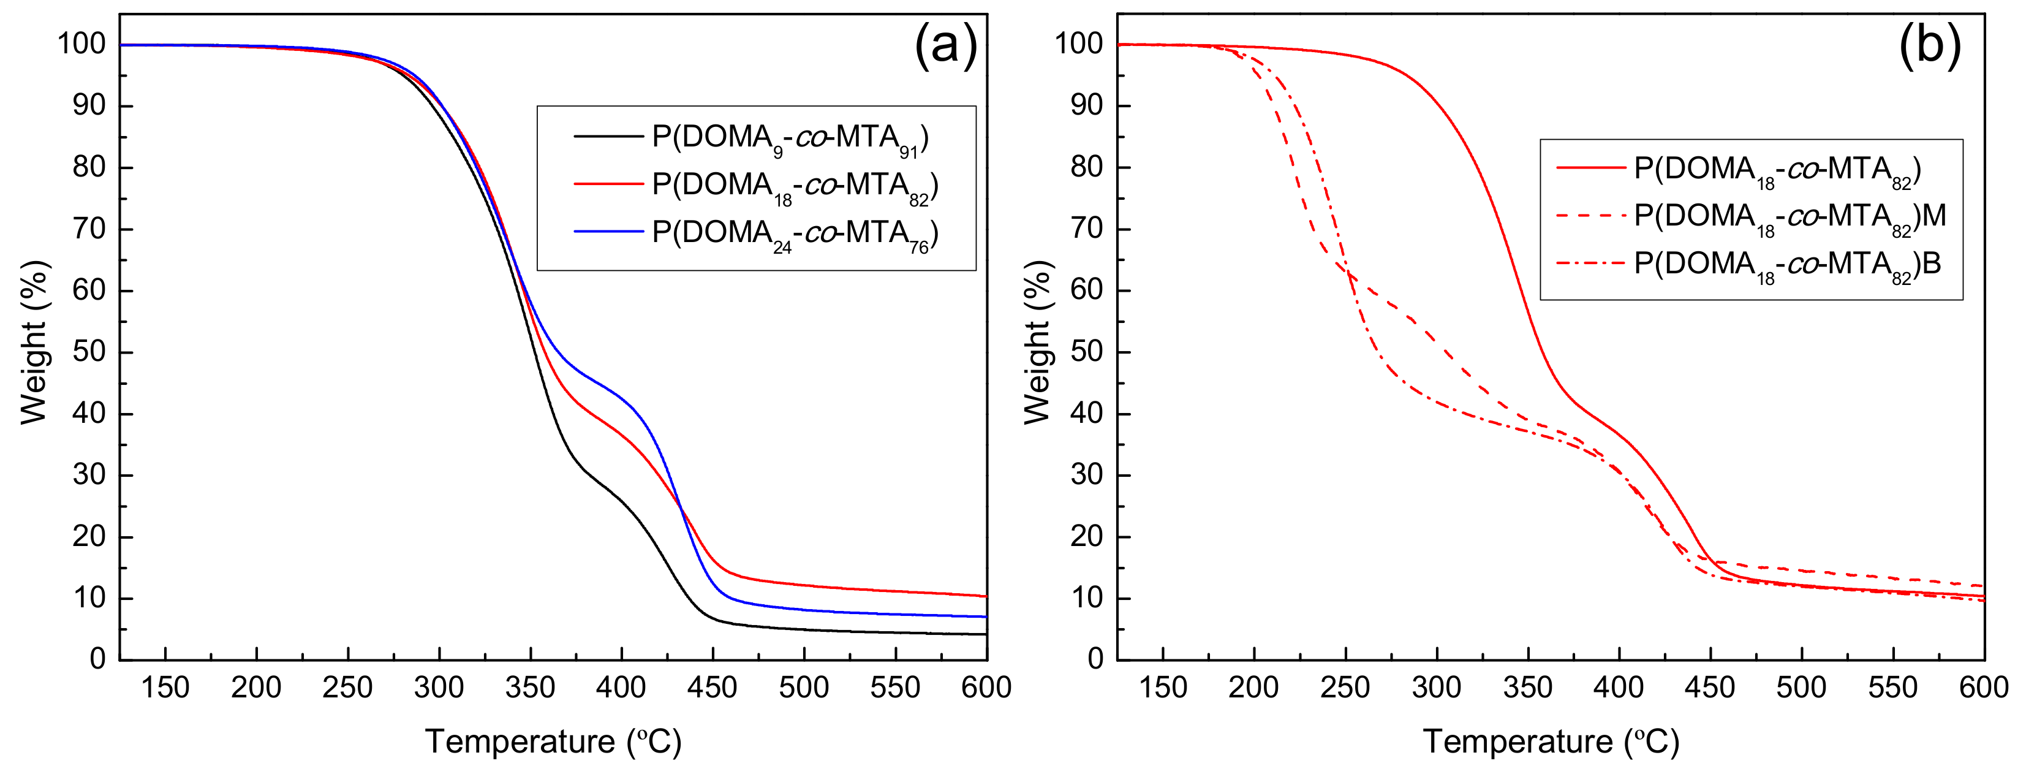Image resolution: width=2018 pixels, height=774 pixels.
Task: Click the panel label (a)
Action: coord(945,45)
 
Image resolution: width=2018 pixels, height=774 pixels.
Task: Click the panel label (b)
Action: coord(1930,45)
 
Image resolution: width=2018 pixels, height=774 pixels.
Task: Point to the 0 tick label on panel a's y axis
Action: coord(97,659)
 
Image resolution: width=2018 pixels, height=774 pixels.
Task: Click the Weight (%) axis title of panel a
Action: coord(34,343)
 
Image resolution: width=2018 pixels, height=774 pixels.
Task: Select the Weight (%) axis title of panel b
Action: coord(1037,343)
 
